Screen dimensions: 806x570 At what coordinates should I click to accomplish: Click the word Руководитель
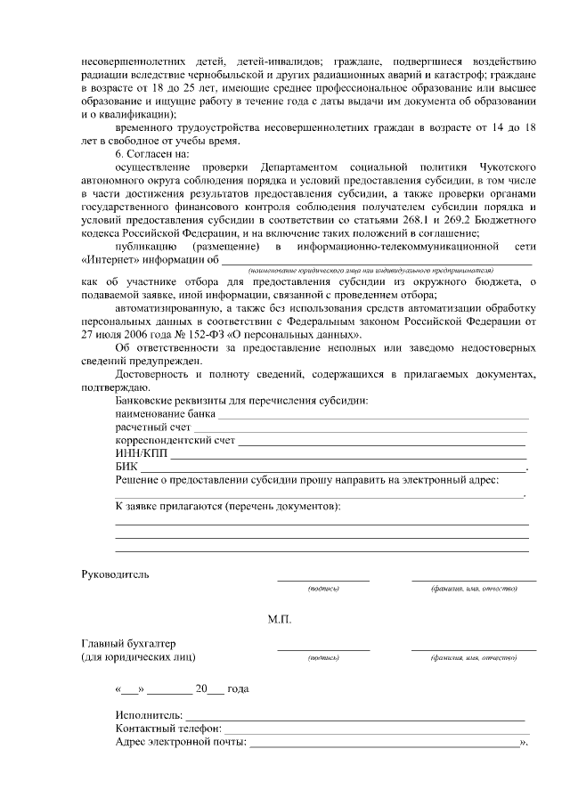coord(115,574)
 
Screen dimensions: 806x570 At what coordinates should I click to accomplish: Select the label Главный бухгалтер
coord(128,643)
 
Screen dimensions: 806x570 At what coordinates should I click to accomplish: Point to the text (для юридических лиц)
coord(138,657)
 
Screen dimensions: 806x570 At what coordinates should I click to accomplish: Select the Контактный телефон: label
coord(168,729)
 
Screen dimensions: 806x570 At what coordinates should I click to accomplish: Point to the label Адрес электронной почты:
coord(181,742)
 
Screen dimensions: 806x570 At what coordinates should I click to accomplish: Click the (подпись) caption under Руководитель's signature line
coord(322,589)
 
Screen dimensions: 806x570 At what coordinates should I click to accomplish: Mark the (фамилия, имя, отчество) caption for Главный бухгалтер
coord(473,657)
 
